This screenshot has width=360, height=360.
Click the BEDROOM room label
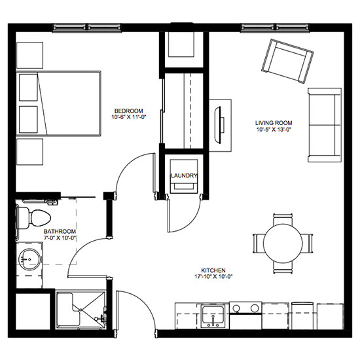(x=128, y=111)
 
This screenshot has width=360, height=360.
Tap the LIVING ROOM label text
(x=274, y=123)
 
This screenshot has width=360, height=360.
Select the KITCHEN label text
(x=213, y=270)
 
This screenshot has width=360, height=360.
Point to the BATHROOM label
(x=60, y=231)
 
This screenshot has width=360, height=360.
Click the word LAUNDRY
(x=184, y=175)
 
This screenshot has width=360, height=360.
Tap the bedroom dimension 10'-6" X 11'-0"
(x=129, y=117)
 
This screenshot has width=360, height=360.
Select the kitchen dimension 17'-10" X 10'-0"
(x=213, y=277)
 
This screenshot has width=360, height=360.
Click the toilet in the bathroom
(x=33, y=218)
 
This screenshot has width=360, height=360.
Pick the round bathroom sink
(x=29, y=259)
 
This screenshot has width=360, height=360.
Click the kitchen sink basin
(x=213, y=315)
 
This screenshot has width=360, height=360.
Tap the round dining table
(x=283, y=243)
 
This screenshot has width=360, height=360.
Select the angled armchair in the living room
(x=287, y=61)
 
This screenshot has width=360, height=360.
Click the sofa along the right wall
(x=325, y=125)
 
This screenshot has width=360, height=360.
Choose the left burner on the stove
(x=236, y=308)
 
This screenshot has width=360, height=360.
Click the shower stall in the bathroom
(x=81, y=310)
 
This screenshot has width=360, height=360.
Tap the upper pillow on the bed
(x=28, y=87)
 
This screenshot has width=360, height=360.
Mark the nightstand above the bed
(x=30, y=55)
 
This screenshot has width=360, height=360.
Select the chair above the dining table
(x=283, y=219)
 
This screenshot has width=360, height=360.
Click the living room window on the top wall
(x=275, y=27)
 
